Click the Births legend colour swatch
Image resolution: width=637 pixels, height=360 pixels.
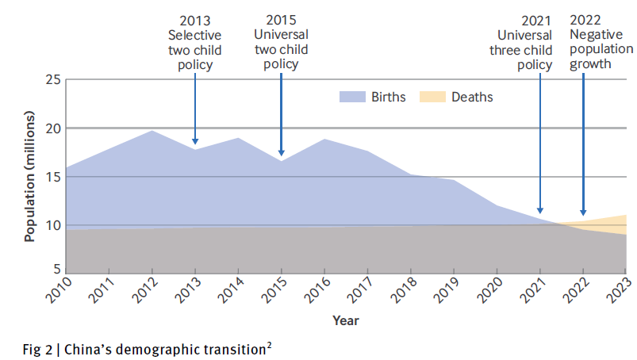point(353,97)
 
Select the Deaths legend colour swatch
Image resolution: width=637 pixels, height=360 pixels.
point(432,97)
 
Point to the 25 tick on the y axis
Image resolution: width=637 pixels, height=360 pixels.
point(52,79)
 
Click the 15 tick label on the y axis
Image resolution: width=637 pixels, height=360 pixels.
point(52,177)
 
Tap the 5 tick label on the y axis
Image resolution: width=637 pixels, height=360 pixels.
point(56,274)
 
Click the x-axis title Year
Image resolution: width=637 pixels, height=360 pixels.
point(345,320)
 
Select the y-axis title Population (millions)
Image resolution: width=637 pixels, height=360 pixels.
point(30,176)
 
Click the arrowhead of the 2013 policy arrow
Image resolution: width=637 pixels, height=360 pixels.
point(194,141)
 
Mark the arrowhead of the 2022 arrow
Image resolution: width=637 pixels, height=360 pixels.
point(584,224)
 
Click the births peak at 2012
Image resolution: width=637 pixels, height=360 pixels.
point(152,131)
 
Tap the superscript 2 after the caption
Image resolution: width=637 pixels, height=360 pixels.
point(271,342)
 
